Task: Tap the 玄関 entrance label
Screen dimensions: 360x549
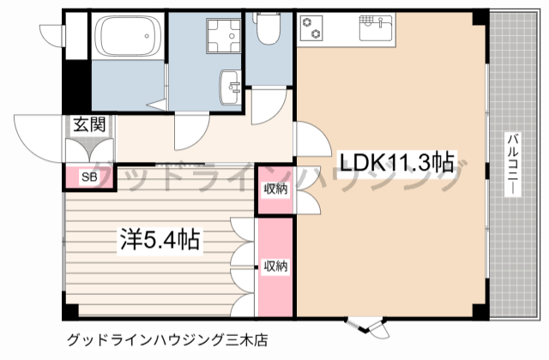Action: pos(88,124)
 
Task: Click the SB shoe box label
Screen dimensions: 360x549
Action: pos(87,177)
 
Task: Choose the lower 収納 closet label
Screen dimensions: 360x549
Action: pos(274,266)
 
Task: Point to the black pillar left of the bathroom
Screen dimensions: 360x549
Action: pos(77,86)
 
